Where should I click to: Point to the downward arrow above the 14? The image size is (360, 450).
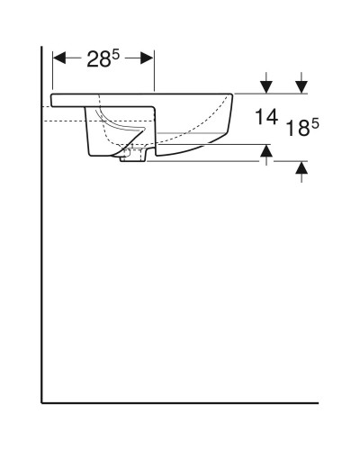point(266,86)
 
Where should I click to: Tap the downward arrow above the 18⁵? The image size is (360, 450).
point(302,86)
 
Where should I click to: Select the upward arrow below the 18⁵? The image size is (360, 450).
point(302,168)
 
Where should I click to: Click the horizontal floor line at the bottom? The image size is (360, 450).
point(180,402)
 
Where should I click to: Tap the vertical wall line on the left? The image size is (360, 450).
point(42,270)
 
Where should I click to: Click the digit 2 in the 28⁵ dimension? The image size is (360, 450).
point(94,60)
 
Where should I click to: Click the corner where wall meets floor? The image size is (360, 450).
point(42,402)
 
